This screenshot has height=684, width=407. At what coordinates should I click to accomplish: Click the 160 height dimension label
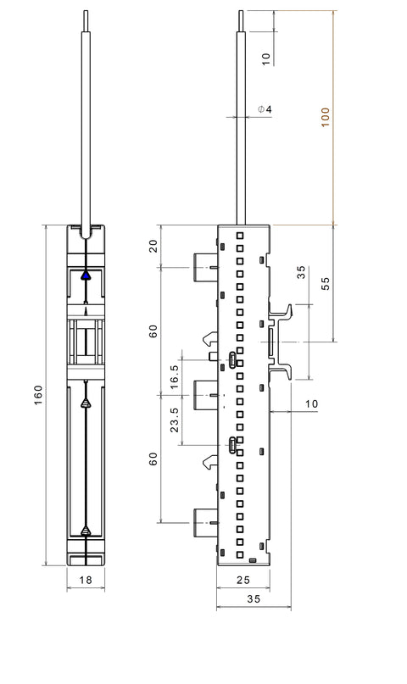pyautogui.click(x=39, y=395)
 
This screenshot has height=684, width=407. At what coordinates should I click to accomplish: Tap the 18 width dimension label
pyautogui.click(x=86, y=580)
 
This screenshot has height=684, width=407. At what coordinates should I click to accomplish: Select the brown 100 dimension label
pyautogui.click(x=326, y=117)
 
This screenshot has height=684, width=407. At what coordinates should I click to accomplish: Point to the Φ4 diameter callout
pyautogui.click(x=265, y=109)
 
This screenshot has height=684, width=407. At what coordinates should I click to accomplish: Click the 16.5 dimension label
pyautogui.click(x=174, y=377)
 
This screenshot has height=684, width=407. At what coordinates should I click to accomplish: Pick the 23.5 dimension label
pyautogui.click(x=174, y=420)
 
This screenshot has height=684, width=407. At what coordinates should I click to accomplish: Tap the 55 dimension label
pyautogui.click(x=326, y=284)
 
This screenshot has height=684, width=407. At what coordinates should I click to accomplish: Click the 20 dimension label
pyautogui.click(x=153, y=247)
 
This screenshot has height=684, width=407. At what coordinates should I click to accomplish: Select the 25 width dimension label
pyautogui.click(x=243, y=580)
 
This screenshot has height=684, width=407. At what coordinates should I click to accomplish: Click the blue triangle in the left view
pyautogui.click(x=86, y=275)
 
